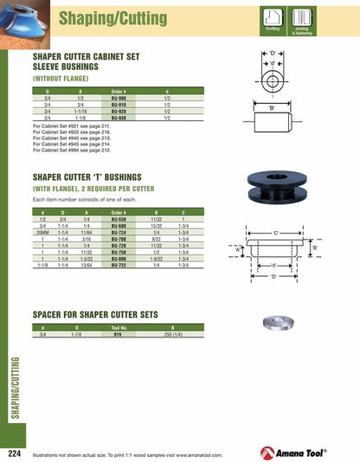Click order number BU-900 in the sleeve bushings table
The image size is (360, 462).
click(119, 98)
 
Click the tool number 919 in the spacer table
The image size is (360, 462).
click(119, 336)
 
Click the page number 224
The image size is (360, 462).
click(14, 452)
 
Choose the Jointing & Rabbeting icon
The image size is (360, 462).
click(302, 20)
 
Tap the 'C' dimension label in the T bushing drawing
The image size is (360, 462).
click(275, 234)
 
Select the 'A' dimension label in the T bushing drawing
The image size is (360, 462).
click(236, 249)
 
